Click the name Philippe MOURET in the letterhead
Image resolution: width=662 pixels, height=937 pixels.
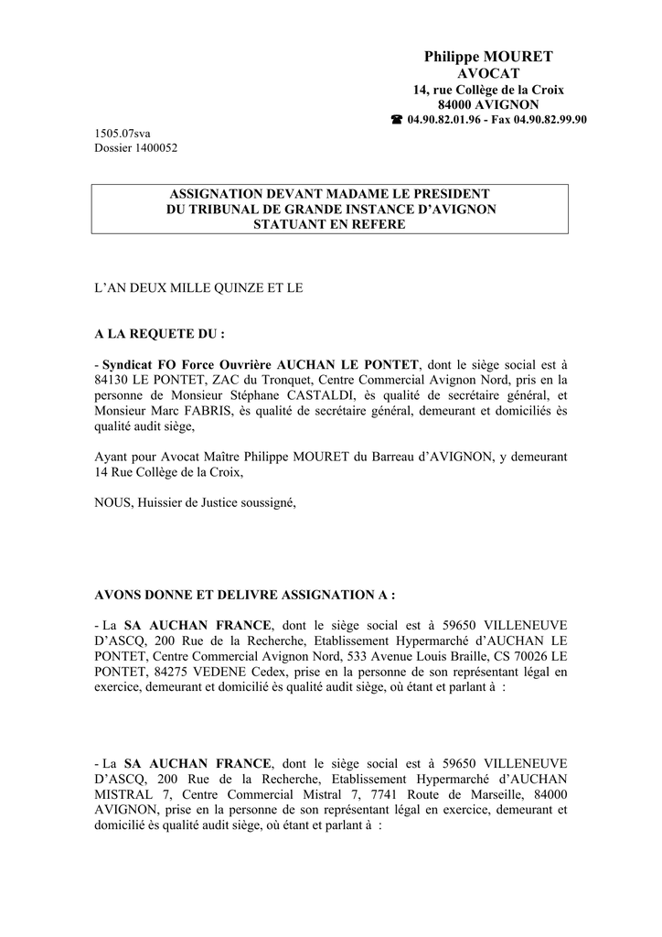click(488, 57)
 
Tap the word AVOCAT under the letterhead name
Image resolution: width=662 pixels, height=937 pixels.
click(488, 73)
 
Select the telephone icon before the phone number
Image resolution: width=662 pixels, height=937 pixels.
click(396, 120)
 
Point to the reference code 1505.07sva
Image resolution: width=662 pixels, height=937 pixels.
click(123, 134)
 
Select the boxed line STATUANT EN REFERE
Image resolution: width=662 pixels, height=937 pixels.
click(330, 223)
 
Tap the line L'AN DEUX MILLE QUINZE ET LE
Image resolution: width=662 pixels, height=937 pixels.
click(198, 287)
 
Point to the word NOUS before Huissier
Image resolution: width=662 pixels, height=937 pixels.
click(112, 502)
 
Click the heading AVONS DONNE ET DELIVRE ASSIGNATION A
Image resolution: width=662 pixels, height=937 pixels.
click(245, 595)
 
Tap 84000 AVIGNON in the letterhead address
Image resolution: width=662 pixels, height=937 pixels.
click(488, 104)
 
